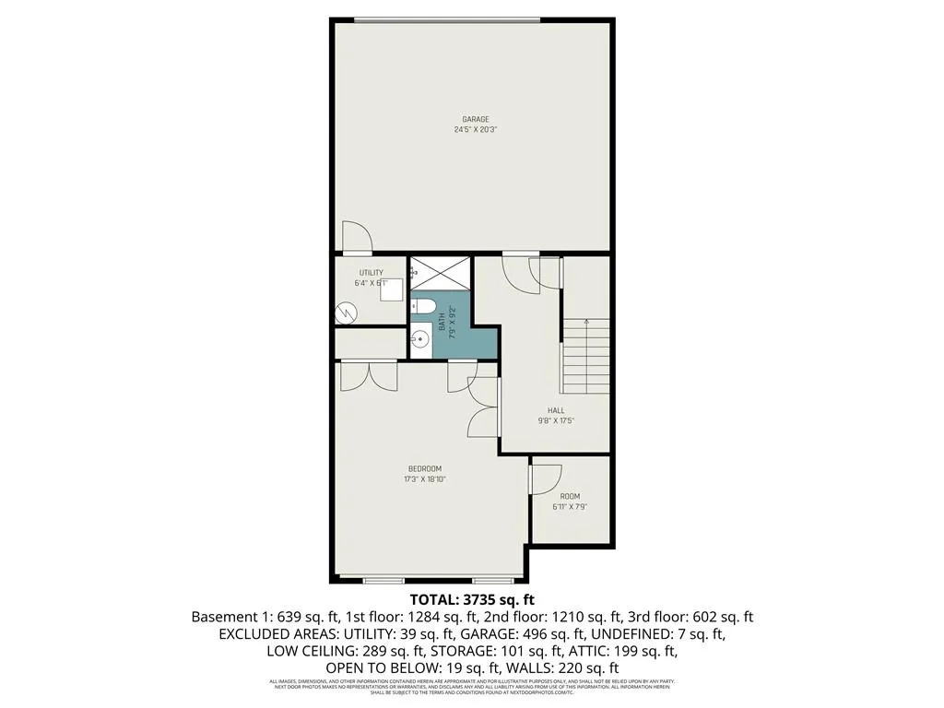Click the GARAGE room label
point(476,119)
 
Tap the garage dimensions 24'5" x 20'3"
point(476,130)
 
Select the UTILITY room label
point(372,273)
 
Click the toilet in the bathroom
point(424,306)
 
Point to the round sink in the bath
point(420,338)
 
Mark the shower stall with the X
point(439,273)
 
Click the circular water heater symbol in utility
point(345,313)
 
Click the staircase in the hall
point(585,355)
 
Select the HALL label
point(556,411)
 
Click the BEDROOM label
point(425,468)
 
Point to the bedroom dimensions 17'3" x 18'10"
point(425,479)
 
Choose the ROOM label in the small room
point(571,496)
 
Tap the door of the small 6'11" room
point(545,478)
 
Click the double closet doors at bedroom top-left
point(369,375)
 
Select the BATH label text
point(442,321)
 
